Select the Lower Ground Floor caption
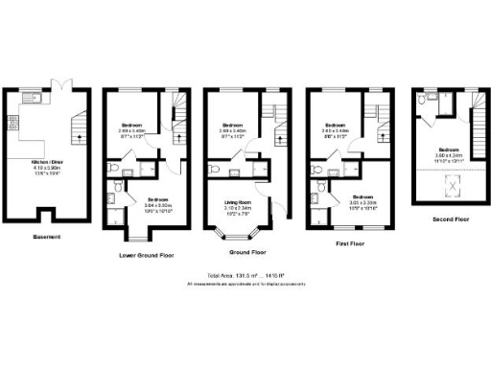click(x=146, y=256)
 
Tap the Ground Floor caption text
click(x=246, y=252)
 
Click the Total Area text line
click(x=245, y=276)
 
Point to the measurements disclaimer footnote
click(x=245, y=284)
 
